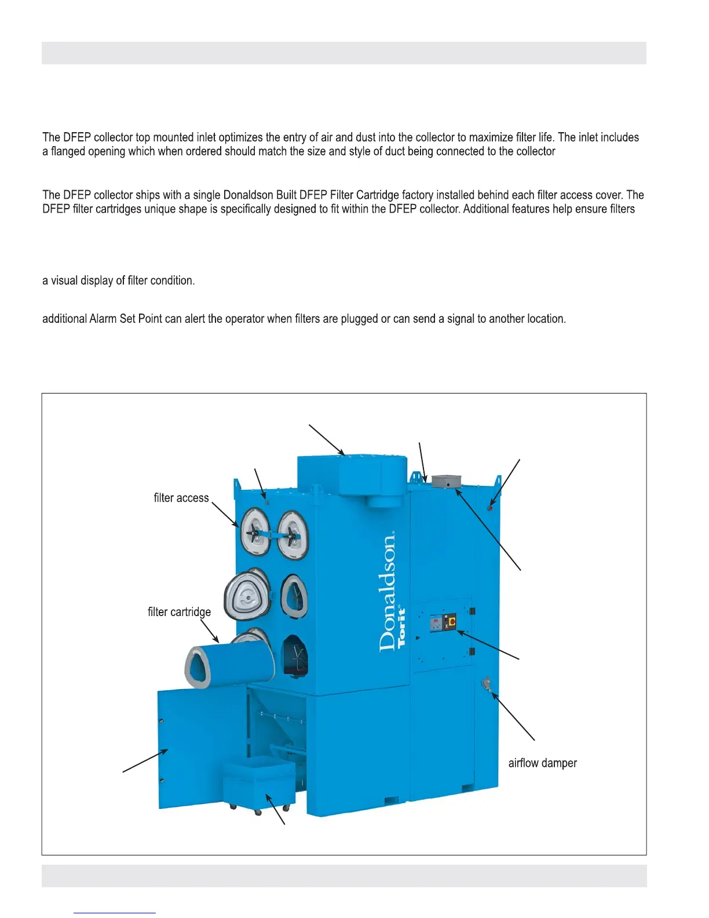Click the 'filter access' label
coord(181,498)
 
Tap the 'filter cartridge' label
coord(179,612)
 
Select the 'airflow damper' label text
coord(542,763)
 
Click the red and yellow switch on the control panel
coord(451,623)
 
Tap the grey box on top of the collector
coord(447,482)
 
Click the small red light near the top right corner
coord(490,508)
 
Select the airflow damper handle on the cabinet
coord(486,685)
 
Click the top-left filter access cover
coord(254,531)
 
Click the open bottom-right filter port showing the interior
coord(295,657)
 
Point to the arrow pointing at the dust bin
coord(276,809)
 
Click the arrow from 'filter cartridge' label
coord(210,631)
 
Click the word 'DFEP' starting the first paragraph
coord(77,137)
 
